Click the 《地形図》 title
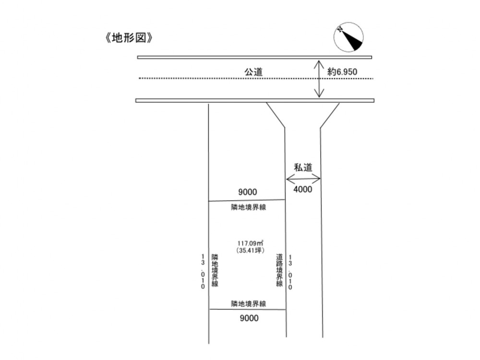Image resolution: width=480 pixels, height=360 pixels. click(x=129, y=38)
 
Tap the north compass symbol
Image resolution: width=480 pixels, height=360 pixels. click(x=348, y=37)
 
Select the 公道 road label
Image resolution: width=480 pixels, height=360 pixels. click(x=253, y=72)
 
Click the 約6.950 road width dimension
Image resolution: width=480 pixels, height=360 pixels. click(x=342, y=72)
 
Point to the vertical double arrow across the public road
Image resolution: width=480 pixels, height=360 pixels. click(x=320, y=79)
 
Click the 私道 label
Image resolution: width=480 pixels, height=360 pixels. click(x=303, y=168)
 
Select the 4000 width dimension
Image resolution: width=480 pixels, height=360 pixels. click(x=303, y=189)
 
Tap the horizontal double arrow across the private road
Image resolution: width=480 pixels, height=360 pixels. click(x=303, y=179)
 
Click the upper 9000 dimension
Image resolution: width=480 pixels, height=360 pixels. click(x=248, y=192)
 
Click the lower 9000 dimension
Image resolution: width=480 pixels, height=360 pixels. click(x=249, y=318)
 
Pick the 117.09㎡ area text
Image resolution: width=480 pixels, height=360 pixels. click(x=251, y=243)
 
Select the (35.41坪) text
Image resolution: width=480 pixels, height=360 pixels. click(x=251, y=250)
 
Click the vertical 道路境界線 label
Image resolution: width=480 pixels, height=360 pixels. click(x=279, y=270)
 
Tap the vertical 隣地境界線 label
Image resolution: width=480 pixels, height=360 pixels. click(x=215, y=270)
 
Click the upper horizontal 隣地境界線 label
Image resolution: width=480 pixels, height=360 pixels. click(x=249, y=207)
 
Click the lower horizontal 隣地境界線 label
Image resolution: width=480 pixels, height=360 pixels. click(x=249, y=304)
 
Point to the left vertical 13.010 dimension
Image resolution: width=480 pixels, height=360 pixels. click(x=203, y=271)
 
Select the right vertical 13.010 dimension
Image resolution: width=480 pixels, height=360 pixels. click(x=290, y=272)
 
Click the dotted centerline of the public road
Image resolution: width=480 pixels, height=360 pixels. click(x=256, y=78)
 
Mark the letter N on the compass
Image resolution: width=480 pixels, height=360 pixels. click(x=340, y=29)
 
